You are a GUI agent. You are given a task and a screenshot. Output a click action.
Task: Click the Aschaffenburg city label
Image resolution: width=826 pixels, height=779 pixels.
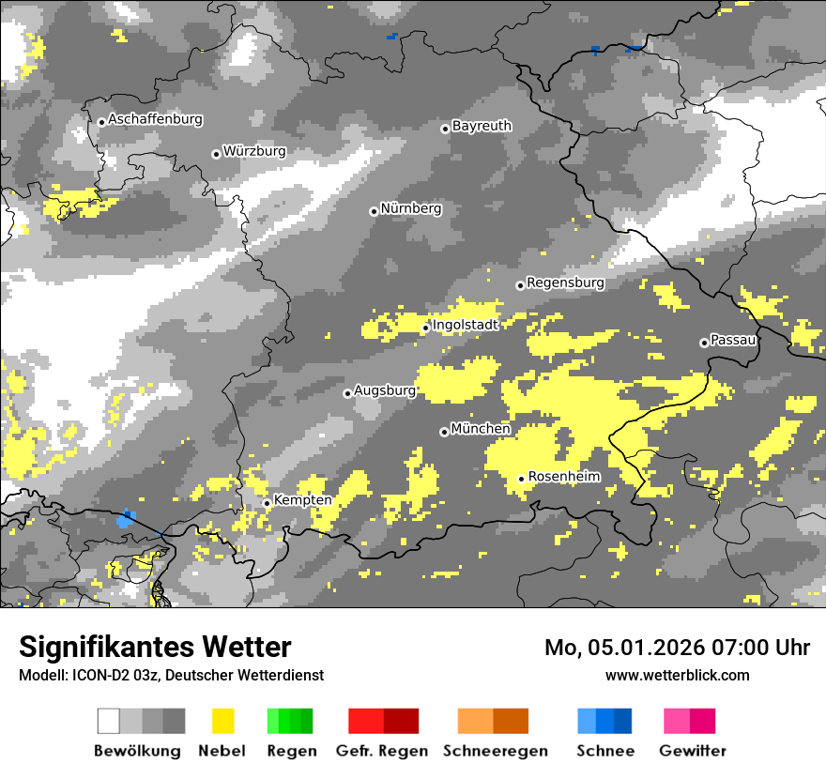(155, 119)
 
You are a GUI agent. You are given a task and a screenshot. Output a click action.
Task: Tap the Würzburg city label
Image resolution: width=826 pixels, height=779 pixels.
(254, 151)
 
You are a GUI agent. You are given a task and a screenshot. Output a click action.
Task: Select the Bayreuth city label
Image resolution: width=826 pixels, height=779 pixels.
(482, 126)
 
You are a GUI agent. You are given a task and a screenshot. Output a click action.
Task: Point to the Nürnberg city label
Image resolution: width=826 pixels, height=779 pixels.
(410, 208)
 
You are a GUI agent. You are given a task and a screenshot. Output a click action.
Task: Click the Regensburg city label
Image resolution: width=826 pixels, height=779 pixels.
(565, 283)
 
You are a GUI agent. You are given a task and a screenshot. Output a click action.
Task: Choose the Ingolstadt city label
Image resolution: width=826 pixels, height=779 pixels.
(465, 325)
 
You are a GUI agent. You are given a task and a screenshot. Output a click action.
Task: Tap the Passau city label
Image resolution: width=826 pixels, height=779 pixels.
(733, 340)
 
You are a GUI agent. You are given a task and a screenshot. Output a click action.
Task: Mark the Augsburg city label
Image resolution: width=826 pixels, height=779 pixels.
(384, 390)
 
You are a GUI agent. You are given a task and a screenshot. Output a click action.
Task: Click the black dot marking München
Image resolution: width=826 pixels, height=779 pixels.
(444, 432)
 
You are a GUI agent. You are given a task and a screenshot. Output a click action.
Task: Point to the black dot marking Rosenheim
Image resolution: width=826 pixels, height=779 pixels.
(521, 479)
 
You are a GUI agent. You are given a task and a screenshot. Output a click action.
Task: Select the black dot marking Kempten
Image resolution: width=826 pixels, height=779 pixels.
(267, 503)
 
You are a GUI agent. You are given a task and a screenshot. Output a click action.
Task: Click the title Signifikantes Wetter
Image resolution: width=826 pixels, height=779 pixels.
(155, 647)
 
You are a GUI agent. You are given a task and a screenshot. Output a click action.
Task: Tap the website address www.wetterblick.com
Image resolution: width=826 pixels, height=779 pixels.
(677, 675)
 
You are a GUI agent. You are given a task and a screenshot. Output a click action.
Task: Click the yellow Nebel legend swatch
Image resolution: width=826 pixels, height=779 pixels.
(222, 721)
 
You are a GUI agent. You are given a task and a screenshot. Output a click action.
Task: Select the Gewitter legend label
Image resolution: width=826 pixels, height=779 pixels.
(692, 751)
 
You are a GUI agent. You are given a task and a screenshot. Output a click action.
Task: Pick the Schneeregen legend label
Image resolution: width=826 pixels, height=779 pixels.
(495, 751)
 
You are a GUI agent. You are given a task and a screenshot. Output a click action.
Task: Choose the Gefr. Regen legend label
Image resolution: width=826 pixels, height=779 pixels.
(381, 751)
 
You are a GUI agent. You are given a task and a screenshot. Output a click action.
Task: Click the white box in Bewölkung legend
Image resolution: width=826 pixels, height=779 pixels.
(109, 721)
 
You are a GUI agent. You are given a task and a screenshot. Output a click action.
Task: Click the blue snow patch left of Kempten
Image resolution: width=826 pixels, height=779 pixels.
(126, 518)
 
